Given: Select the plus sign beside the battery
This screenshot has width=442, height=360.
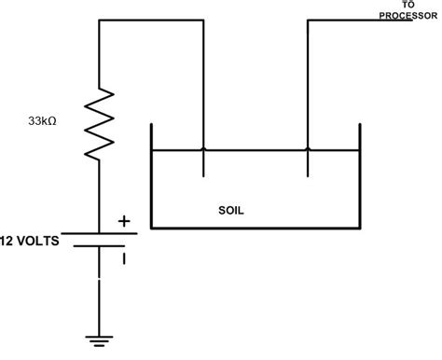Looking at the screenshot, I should tap(123, 222).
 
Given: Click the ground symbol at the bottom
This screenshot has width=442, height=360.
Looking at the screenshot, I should tap(101, 339).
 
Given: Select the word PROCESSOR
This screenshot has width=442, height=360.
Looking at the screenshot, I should tap(407, 15).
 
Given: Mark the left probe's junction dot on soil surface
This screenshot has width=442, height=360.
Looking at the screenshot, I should tap(203, 150).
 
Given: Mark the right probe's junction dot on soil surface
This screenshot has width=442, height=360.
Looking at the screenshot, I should tap(308, 150).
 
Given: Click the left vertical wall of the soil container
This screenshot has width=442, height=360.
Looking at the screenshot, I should tap(151, 177).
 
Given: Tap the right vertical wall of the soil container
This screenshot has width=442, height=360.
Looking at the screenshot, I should tap(360, 177).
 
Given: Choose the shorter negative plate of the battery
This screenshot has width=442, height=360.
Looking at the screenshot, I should tap(101, 248).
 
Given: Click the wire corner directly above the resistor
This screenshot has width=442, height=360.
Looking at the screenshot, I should tap(101, 19).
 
